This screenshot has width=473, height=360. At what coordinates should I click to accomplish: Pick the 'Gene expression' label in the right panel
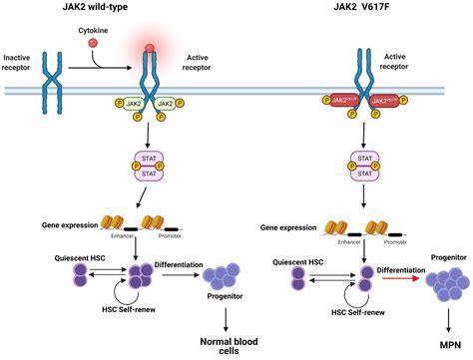point(290,226)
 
